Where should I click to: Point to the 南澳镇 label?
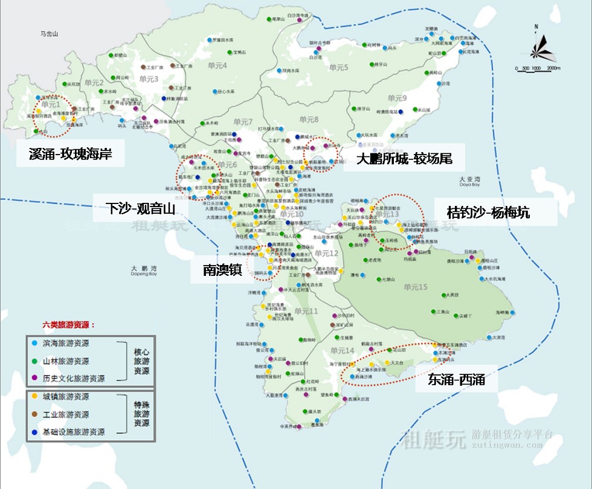pos(222,270)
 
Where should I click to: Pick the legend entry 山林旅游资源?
pos(66,361)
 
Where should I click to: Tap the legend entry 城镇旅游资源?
pos(66,397)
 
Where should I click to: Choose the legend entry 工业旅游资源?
pos(66,415)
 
